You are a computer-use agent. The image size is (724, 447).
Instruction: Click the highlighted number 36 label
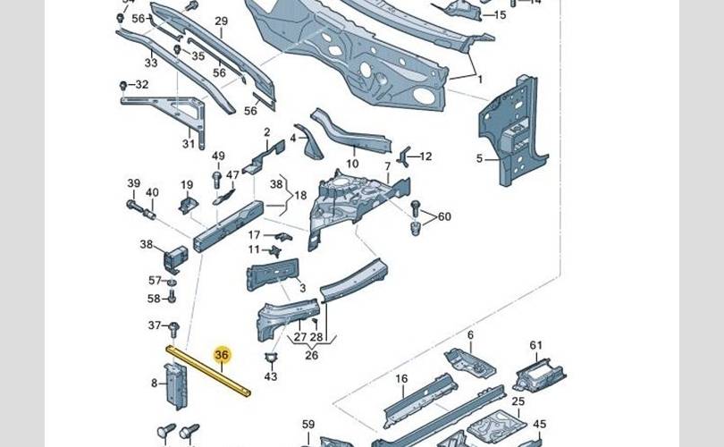(x=222, y=355)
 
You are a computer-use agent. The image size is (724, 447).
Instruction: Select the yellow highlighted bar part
(x=207, y=371)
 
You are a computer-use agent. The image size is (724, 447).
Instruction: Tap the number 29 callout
(x=221, y=21)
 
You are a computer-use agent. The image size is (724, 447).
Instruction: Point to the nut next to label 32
(x=122, y=85)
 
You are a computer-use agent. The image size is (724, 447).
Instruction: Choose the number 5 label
(x=479, y=159)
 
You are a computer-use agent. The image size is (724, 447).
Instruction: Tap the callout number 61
(x=535, y=346)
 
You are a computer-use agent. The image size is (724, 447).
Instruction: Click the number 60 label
(x=444, y=216)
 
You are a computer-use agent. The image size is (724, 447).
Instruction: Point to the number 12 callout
(x=425, y=156)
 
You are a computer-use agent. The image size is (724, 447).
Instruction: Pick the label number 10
(x=352, y=164)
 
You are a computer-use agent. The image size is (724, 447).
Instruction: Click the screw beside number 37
(x=174, y=326)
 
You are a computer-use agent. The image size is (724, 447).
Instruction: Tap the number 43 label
(x=271, y=377)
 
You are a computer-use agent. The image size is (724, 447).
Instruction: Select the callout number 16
(x=401, y=379)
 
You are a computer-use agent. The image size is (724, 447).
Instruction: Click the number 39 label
(x=133, y=184)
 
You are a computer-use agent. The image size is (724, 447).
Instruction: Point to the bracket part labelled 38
(x=175, y=256)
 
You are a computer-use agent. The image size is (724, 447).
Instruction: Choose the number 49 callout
(x=217, y=156)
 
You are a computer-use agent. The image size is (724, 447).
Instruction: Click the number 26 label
(x=311, y=355)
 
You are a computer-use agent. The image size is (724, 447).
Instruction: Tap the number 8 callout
(x=154, y=384)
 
